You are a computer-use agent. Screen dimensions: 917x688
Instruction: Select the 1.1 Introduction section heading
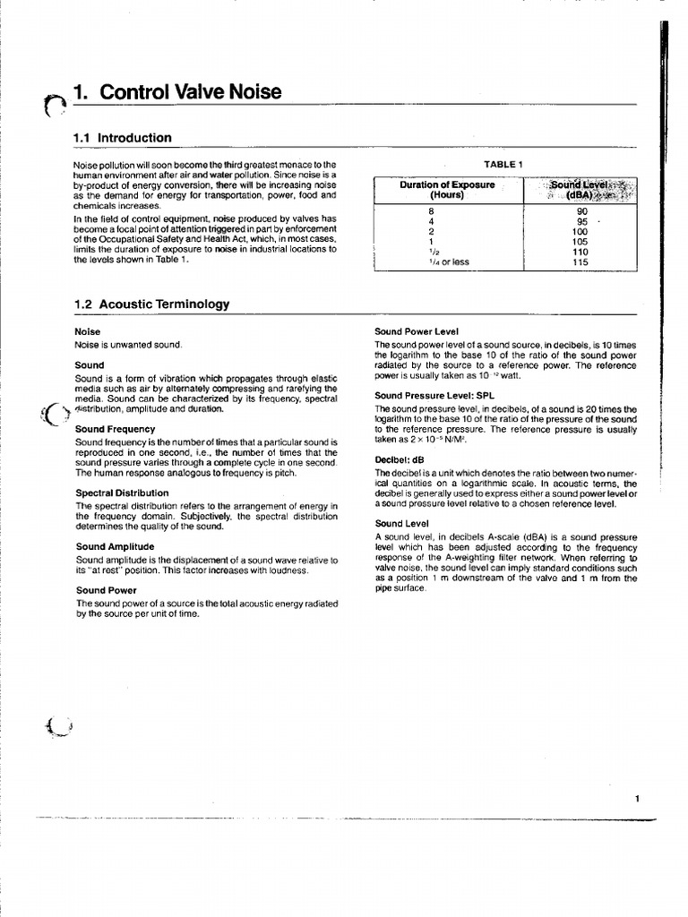click(122, 138)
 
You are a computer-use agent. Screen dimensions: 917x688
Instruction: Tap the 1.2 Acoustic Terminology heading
click(151, 304)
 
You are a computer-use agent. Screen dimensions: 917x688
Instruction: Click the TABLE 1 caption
click(502, 164)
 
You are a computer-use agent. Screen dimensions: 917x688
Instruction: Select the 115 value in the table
click(580, 261)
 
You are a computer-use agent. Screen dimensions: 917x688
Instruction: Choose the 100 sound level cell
click(580, 231)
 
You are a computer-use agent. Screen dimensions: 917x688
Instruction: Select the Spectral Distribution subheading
click(122, 493)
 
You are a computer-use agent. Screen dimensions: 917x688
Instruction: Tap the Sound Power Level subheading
click(417, 331)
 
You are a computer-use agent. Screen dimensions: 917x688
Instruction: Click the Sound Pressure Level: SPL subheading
click(434, 395)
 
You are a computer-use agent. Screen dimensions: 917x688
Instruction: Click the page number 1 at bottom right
click(636, 799)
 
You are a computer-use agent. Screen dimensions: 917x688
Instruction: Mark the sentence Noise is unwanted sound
click(128, 345)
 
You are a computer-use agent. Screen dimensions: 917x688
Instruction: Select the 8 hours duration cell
click(431, 211)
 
